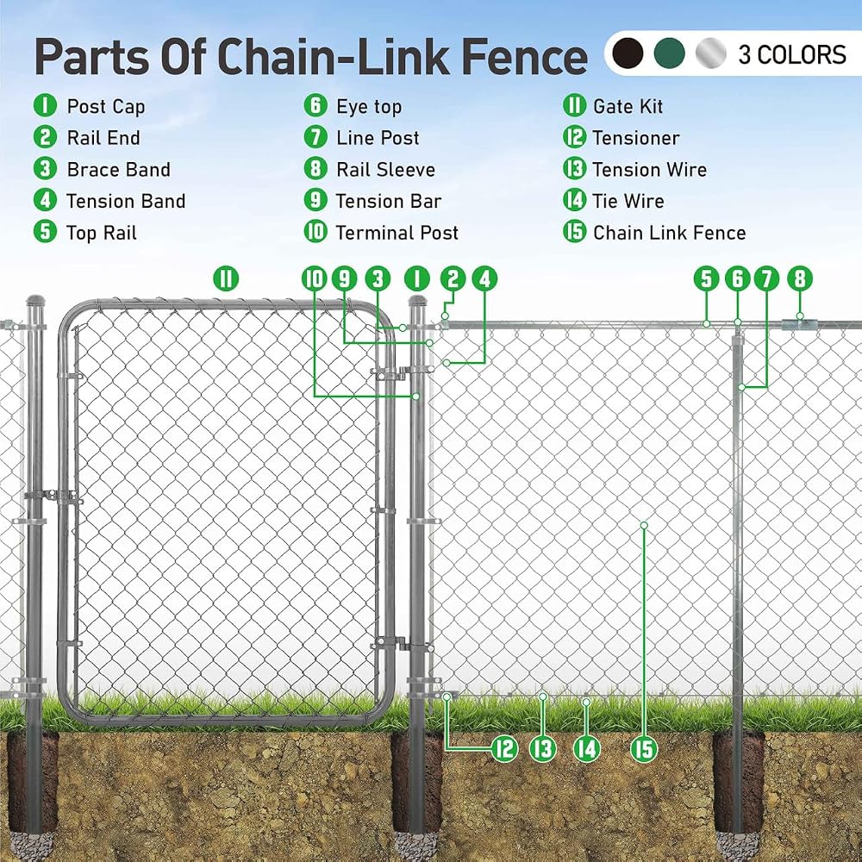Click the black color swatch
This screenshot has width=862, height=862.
tap(628, 53)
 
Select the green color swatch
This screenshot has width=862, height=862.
tap(670, 53)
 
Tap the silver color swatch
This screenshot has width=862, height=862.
tap(711, 53)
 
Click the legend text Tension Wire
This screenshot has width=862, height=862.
tap(650, 169)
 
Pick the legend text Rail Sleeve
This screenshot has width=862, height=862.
tap(385, 169)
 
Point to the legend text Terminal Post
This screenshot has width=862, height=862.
tap(397, 233)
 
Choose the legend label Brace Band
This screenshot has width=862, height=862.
tap(118, 169)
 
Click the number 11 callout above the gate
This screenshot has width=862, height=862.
tap(226, 278)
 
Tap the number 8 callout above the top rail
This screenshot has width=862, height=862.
tap(799, 278)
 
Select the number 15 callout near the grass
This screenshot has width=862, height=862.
tap(644, 749)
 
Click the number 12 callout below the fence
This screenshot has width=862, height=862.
tap(504, 749)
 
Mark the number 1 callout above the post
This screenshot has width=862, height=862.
tap(416, 278)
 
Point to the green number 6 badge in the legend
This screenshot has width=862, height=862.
tap(315, 105)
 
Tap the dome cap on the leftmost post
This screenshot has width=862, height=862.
tap(35, 301)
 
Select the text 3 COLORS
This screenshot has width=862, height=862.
tap(791, 54)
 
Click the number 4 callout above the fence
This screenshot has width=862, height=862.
tap(484, 278)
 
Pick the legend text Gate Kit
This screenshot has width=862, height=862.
tap(628, 106)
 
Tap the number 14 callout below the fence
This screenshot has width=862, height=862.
tap(586, 749)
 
